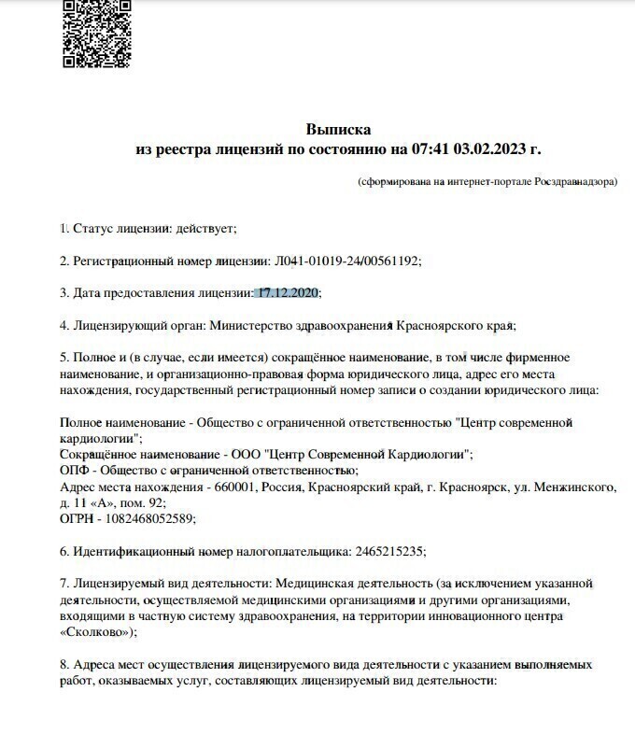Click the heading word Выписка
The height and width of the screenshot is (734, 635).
pos(338,129)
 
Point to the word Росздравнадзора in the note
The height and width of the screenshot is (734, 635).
pos(574,181)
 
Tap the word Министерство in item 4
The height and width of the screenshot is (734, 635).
pos(249,326)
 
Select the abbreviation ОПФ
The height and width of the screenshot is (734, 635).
pos(74,471)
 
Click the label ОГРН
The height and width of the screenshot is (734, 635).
pos(77,519)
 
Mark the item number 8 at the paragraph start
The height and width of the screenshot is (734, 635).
pos(63,665)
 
